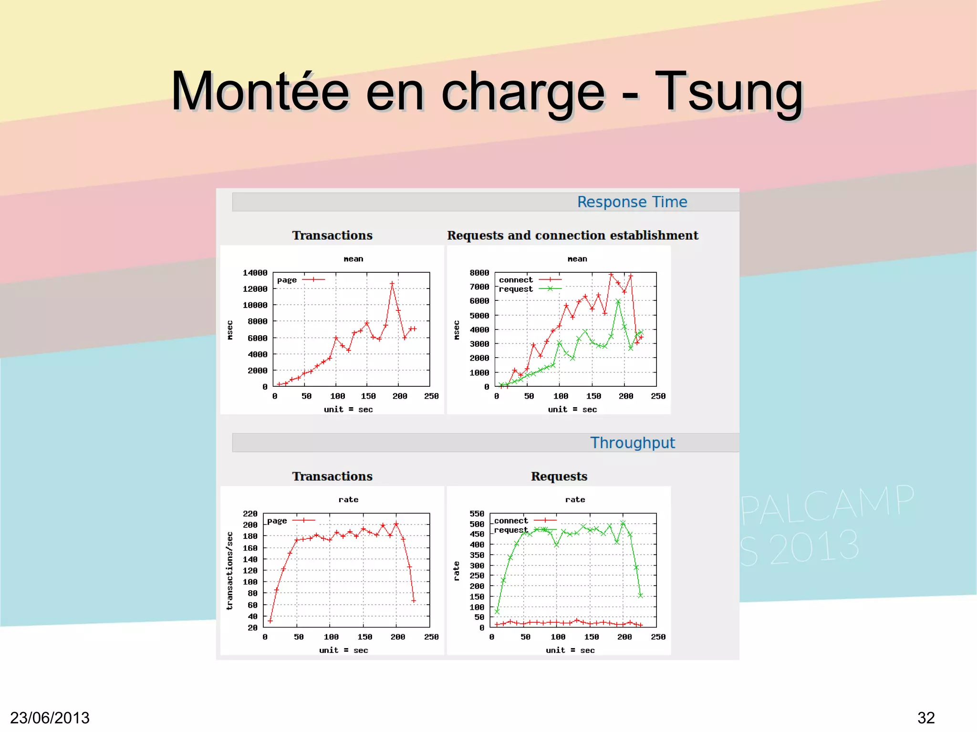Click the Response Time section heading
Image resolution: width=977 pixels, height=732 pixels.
pos(632,202)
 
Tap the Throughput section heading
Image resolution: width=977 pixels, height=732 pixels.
pos(632,443)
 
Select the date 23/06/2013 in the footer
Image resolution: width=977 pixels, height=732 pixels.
pos(50,718)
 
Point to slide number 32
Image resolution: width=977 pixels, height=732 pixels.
pos(926,718)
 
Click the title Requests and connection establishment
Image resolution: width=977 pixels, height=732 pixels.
pos(572,236)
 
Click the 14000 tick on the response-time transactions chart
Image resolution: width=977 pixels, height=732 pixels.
pos(255,273)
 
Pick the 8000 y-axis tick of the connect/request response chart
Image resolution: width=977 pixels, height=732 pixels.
pos(479,273)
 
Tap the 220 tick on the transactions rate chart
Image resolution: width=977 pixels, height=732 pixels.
pos(250,514)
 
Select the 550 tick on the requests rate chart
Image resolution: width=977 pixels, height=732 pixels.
pos(477,514)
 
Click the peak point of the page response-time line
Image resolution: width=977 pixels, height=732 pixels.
pos(392,284)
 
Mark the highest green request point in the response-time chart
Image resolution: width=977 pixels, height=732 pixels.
pos(618,301)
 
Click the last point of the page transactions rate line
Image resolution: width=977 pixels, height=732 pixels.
pos(414,601)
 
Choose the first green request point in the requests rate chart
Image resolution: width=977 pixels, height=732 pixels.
pos(497,611)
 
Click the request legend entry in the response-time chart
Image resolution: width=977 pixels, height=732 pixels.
pos(516,289)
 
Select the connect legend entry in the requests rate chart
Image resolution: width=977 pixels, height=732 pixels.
pos(511,521)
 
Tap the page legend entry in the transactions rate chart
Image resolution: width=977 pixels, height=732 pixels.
pos(277,521)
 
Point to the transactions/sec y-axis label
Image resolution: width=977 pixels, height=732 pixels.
pos(229,571)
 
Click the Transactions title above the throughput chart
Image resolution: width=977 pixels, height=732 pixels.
pos(332,476)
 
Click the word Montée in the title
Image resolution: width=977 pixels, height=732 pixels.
pos(260,92)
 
